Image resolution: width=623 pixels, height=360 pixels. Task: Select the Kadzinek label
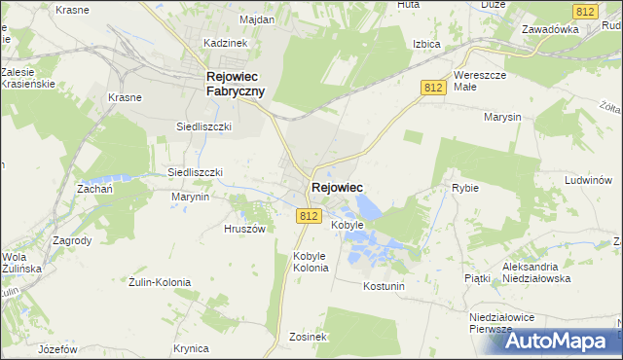click(225, 43)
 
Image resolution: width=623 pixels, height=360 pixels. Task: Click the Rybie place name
click(465, 188)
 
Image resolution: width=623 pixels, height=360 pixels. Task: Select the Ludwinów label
click(588, 180)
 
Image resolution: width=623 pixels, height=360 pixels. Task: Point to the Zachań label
click(95, 190)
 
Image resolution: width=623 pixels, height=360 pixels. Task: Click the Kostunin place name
click(383, 286)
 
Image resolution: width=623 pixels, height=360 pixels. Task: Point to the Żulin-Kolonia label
click(161, 282)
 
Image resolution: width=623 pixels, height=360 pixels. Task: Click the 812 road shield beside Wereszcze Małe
click(434, 88)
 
